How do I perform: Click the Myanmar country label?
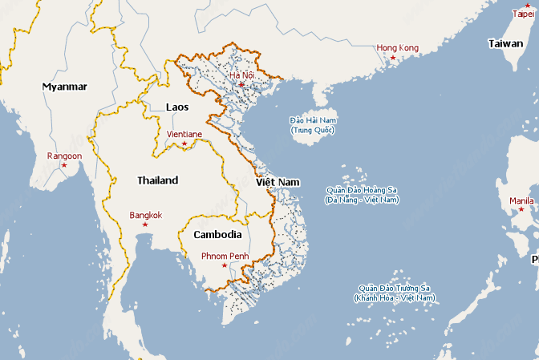[x=64, y=86]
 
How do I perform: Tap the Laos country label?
[x=177, y=107]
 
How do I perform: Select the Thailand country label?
[x=157, y=180]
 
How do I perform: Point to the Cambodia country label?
[x=217, y=235]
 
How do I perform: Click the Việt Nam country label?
[x=278, y=183]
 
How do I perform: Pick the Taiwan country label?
[x=505, y=44]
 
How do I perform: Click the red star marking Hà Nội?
[x=240, y=84]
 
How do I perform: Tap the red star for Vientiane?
[x=184, y=144]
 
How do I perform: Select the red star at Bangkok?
[x=145, y=224]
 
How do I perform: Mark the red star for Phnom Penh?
[x=224, y=265]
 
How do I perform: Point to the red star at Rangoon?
[x=64, y=165]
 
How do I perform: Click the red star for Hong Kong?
[x=393, y=59]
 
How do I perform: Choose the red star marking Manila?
[x=521, y=210]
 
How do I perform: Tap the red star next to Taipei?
[x=527, y=6]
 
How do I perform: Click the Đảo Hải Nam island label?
[x=313, y=124]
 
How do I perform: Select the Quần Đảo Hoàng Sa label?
[x=361, y=195]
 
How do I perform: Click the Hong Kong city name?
[x=397, y=48]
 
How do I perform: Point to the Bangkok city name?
[x=145, y=215]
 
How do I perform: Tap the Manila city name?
[x=521, y=200]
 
